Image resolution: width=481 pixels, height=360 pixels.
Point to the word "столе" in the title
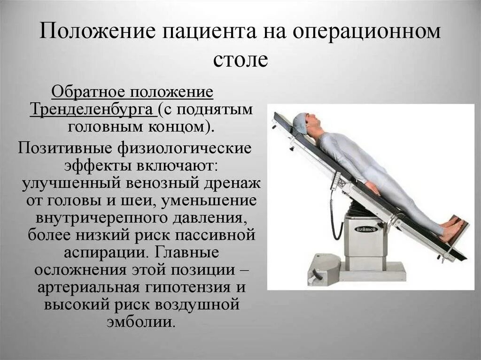(x=240, y=59)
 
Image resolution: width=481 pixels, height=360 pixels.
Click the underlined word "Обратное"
(x=89, y=92)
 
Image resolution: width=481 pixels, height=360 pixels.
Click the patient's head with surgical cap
(x=303, y=123)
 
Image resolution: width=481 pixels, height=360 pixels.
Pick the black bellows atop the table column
(x=362, y=208)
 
